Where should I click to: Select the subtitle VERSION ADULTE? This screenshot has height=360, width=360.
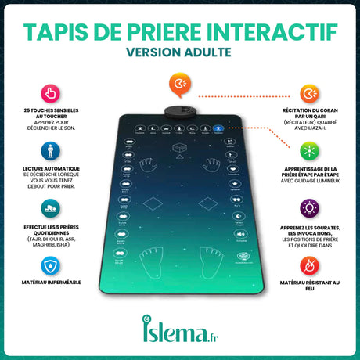coord(179,54)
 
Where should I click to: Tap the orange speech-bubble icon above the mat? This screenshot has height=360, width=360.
coord(178,84)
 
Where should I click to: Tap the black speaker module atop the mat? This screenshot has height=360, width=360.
coord(179,110)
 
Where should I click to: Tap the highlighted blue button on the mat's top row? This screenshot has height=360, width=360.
coord(218,128)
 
